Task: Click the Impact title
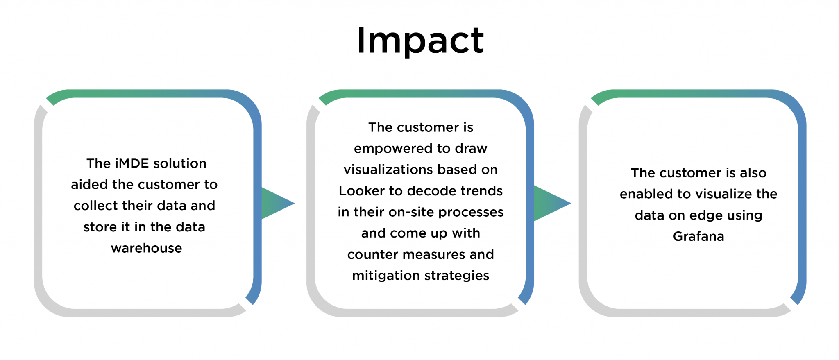pyautogui.click(x=420, y=41)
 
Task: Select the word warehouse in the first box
pyautogui.click(x=146, y=248)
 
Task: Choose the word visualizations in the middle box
pyautogui.click(x=384, y=170)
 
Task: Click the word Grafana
pyautogui.click(x=698, y=236)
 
